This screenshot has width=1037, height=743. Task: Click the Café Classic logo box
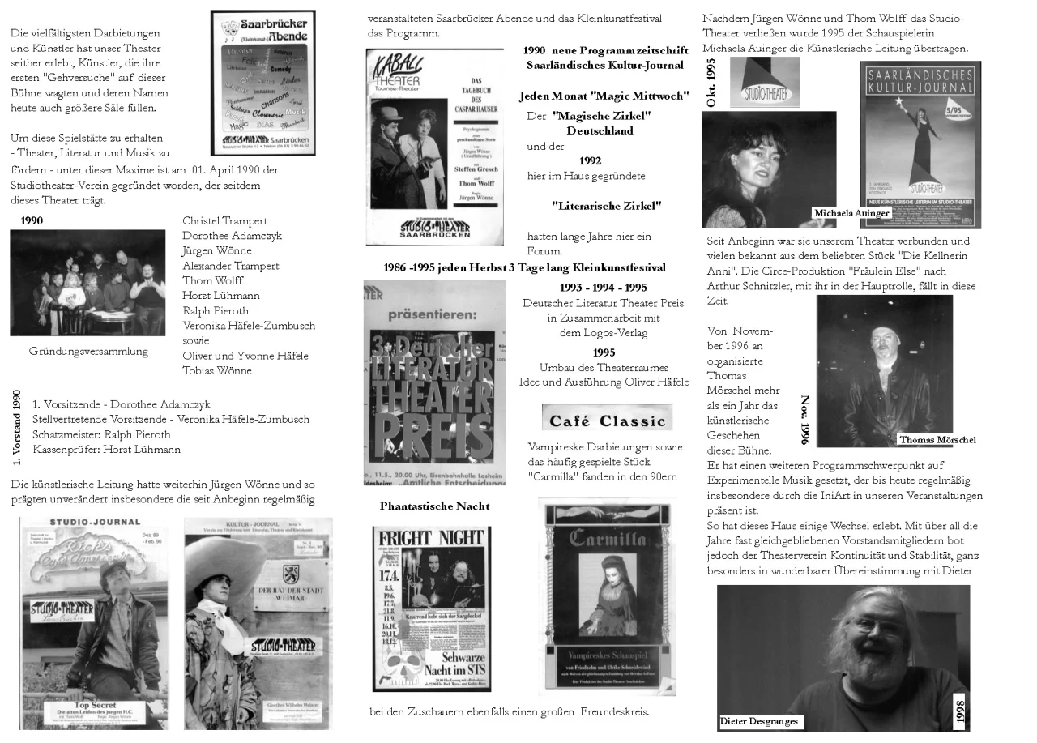(x=607, y=417)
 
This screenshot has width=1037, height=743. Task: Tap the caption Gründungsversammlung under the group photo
(x=88, y=351)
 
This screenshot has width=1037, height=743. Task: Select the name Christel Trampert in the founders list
(x=224, y=220)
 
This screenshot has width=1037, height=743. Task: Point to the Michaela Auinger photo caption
(x=851, y=213)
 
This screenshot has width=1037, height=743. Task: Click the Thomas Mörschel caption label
(x=937, y=440)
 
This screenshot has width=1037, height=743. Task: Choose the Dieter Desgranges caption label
(x=758, y=721)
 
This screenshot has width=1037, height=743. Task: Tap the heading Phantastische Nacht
(x=434, y=506)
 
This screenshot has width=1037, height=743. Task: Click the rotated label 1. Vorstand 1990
(x=17, y=427)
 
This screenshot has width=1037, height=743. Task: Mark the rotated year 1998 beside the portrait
(x=960, y=712)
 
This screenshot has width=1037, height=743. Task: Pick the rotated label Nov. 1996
(x=805, y=420)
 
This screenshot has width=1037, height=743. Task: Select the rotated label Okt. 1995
(x=711, y=83)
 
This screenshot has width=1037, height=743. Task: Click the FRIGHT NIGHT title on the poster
(x=430, y=539)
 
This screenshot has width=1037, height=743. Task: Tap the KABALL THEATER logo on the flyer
(x=395, y=75)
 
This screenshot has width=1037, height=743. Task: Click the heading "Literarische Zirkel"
(x=606, y=206)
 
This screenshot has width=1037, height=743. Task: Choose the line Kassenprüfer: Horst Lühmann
(x=106, y=449)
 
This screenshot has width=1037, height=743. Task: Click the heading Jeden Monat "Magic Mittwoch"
(x=604, y=96)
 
